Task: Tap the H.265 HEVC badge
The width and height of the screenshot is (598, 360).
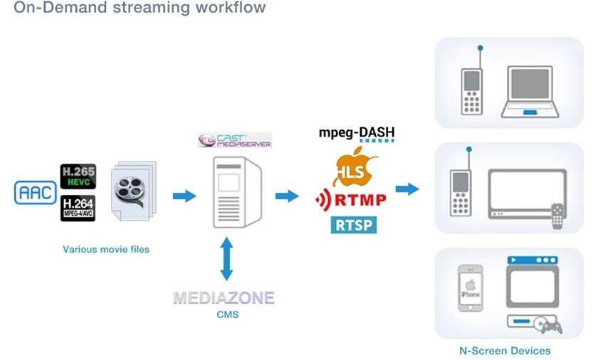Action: (x=78, y=176)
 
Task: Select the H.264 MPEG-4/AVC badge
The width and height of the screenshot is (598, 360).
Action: (x=78, y=208)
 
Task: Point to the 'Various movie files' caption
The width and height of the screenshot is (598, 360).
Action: (x=106, y=249)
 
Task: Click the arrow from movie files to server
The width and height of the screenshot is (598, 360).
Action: (x=184, y=196)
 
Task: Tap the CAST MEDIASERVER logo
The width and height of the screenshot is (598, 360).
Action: (x=235, y=139)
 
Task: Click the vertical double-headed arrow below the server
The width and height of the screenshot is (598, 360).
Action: (x=226, y=260)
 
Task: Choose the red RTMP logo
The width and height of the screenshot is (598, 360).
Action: (x=352, y=201)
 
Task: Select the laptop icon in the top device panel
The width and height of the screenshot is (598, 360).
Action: (x=532, y=92)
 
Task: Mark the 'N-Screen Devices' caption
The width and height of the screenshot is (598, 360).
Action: (x=505, y=351)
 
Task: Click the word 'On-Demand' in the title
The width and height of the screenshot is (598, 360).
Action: (x=54, y=9)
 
